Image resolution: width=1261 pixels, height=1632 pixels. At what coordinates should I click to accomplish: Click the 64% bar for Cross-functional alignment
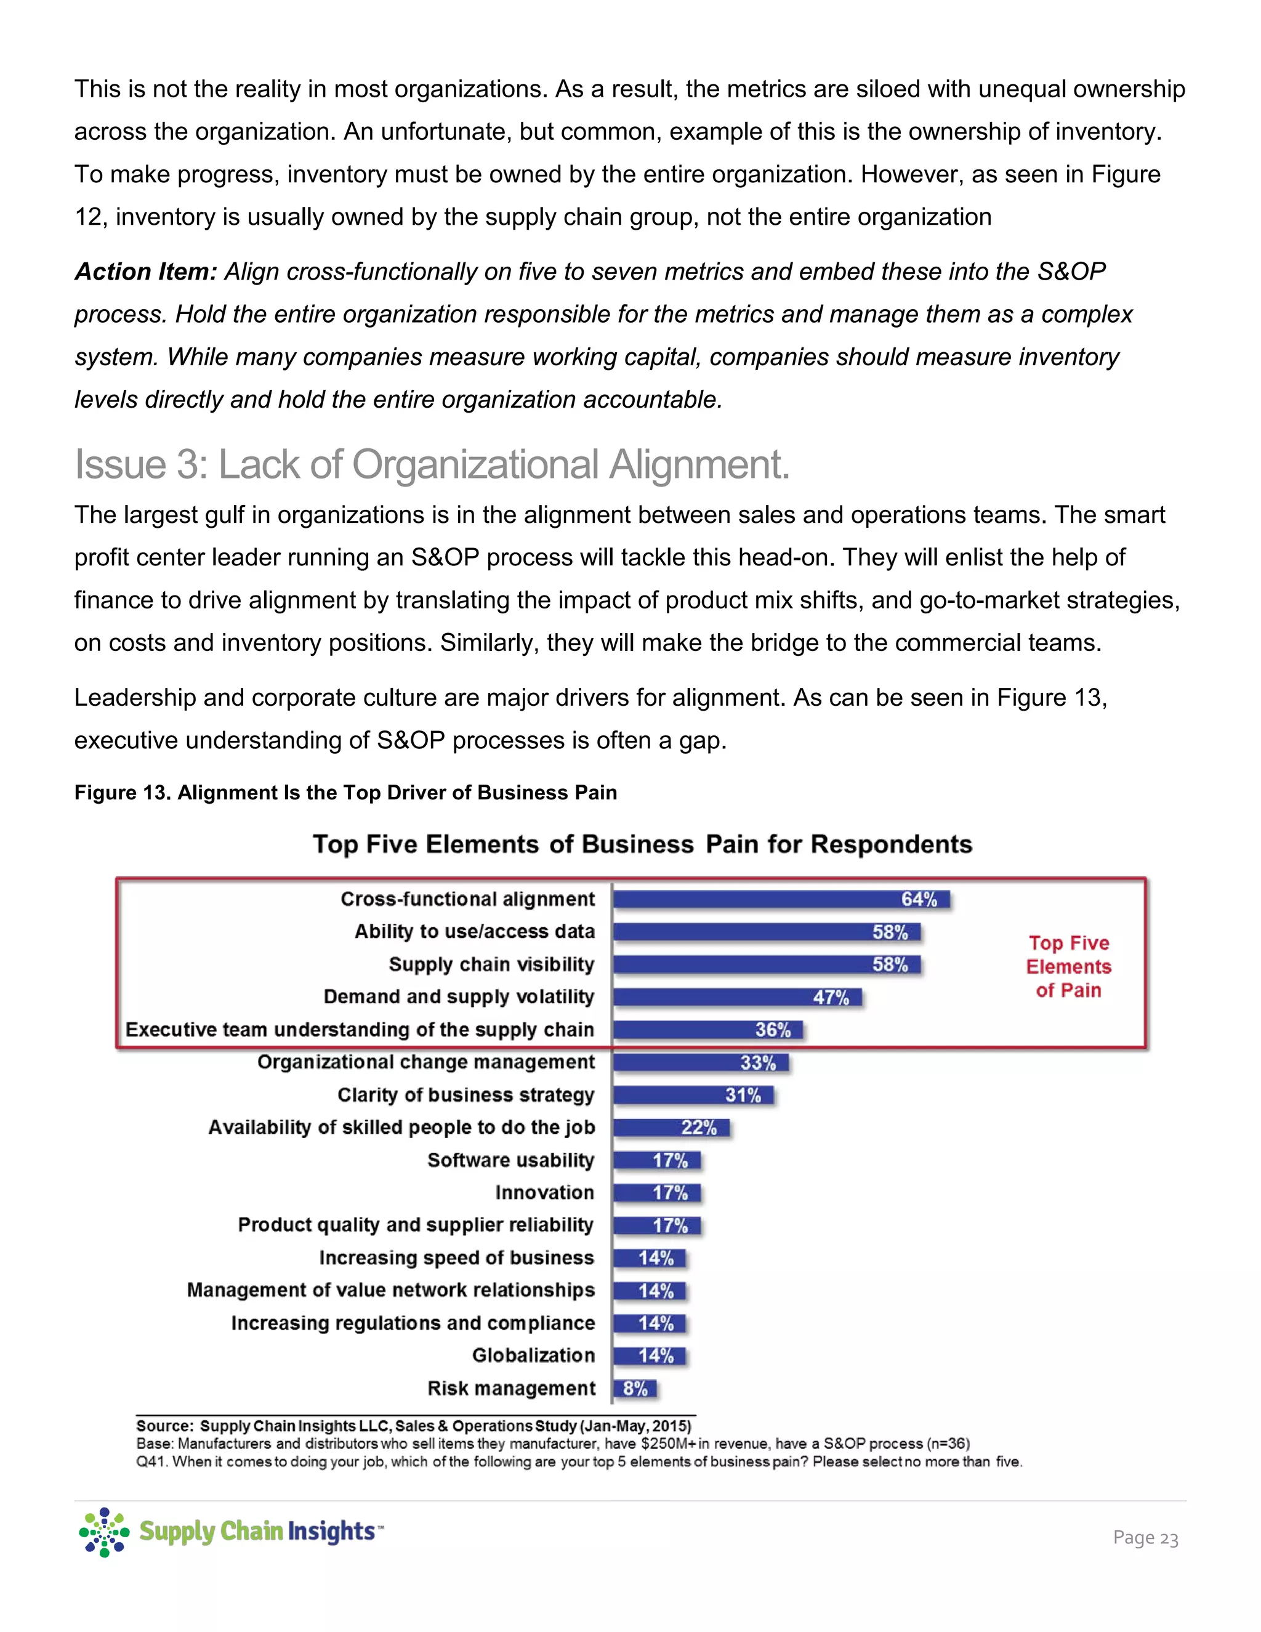781,899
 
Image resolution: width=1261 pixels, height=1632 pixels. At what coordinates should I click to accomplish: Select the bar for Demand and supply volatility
737,997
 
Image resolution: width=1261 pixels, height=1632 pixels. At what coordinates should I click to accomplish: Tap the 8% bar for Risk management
635,1388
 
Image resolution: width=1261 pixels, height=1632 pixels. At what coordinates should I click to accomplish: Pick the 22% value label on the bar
698,1128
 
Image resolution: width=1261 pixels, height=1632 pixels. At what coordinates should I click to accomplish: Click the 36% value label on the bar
773,1030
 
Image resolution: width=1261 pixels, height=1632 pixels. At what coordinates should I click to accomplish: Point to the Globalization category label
533,1355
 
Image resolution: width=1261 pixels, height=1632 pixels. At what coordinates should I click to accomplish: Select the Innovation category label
544,1193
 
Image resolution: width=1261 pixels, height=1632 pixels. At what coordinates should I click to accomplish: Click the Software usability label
511,1160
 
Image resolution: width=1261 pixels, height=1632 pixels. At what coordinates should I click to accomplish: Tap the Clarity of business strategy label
465,1095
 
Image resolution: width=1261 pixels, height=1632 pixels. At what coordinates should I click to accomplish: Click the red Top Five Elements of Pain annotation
1068,966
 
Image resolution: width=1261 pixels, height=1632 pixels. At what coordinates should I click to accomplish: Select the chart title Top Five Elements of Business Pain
642,844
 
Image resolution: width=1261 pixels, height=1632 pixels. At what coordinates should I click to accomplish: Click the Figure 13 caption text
345,793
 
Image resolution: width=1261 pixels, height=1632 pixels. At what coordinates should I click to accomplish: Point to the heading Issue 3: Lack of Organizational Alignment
432,464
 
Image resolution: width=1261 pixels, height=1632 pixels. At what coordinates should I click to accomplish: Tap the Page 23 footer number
1145,1538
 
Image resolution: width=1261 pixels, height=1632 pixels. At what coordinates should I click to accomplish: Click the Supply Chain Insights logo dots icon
104,1532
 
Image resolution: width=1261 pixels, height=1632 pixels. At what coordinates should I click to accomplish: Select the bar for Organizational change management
701,1062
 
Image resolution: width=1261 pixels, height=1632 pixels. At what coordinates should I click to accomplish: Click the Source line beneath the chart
414,1426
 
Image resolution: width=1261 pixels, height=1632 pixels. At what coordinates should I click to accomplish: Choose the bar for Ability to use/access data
767,932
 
